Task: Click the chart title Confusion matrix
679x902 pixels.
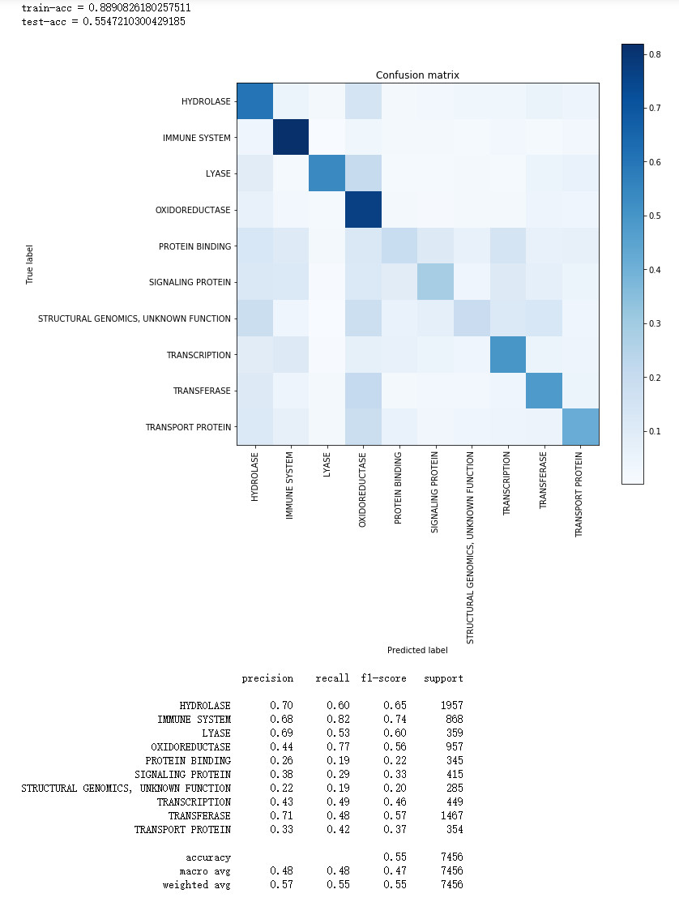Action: [x=417, y=75]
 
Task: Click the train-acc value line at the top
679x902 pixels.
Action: [x=106, y=7]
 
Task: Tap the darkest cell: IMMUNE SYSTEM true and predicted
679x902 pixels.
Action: [x=291, y=137]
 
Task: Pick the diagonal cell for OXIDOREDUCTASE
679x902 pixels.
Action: [x=363, y=209]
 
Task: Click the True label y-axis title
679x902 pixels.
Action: [x=30, y=264]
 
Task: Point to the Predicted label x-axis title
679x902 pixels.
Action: [x=417, y=650]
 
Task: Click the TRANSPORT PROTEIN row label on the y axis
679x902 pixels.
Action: [x=188, y=427]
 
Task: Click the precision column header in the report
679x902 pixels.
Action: [x=267, y=678]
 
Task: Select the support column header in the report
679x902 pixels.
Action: [x=443, y=678]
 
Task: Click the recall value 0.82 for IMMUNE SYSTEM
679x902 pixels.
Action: [x=339, y=720]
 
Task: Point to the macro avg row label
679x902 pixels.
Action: [x=208, y=871]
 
